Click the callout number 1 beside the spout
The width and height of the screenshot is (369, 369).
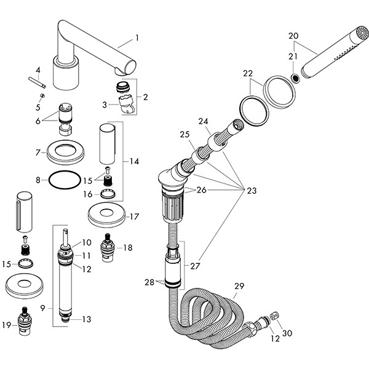(x=137, y=38)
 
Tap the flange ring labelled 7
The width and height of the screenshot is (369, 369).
(x=66, y=151)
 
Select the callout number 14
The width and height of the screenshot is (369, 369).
(x=134, y=161)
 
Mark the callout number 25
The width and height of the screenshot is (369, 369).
(x=184, y=133)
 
